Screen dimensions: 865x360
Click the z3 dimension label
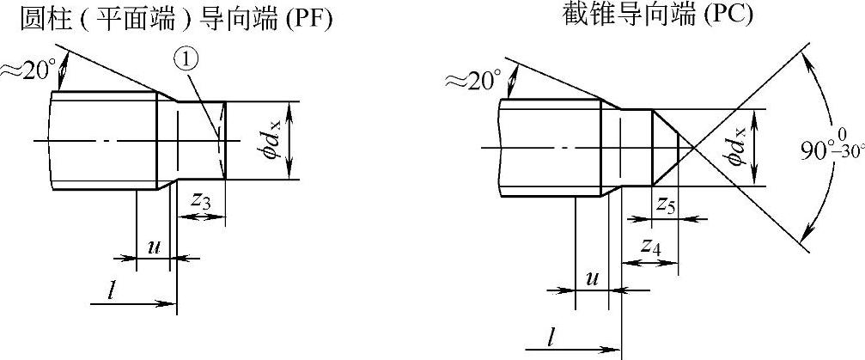[x=200, y=201]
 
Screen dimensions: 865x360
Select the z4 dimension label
[x=650, y=247]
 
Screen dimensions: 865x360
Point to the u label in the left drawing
[x=155, y=246]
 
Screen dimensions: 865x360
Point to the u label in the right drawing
[x=592, y=279]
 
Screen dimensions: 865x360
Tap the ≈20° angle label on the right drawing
[x=472, y=81]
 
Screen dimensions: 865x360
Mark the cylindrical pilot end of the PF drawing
[x=199, y=141]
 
